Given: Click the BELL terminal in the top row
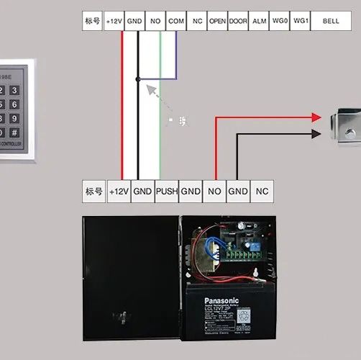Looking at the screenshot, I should click(x=331, y=22).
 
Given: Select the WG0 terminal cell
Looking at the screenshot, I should click(x=280, y=22).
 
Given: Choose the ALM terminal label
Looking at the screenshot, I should click(x=259, y=22).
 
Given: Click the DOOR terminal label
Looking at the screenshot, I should click(x=238, y=22).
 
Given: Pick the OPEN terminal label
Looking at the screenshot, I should click(x=217, y=22).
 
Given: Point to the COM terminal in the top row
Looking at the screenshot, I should click(x=176, y=22).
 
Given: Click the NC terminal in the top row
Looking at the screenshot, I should click(x=197, y=22).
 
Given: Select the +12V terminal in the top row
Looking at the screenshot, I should click(x=114, y=22).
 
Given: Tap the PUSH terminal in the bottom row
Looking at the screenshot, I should click(x=166, y=191).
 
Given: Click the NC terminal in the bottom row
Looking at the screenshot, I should click(x=262, y=191).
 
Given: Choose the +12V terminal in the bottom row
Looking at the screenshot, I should click(x=119, y=191).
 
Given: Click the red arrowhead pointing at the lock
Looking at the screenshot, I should click(x=316, y=117).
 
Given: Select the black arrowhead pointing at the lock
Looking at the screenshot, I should click(x=316, y=134).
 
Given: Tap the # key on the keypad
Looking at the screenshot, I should click(x=14, y=132).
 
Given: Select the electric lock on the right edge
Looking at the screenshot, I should click(x=344, y=126).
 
